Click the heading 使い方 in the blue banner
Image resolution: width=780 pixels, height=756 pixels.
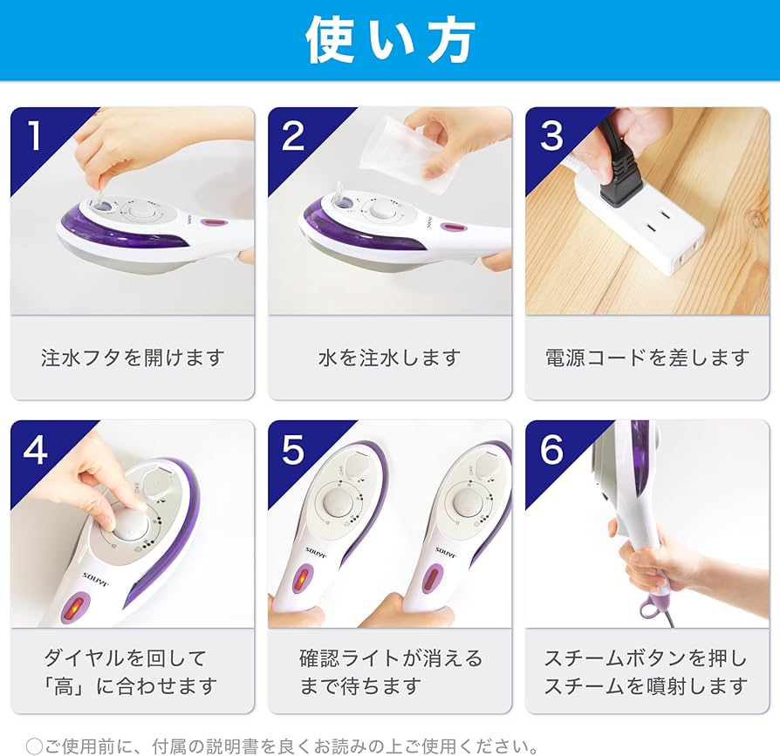click(x=390, y=40)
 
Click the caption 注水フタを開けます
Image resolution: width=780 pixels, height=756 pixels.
click(x=133, y=358)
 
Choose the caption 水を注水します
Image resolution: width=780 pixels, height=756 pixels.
click(x=389, y=358)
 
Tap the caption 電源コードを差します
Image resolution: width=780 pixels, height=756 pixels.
click(x=647, y=358)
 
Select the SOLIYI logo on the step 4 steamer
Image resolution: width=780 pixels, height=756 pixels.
click(x=95, y=579)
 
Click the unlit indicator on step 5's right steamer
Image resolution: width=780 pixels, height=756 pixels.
click(x=432, y=577)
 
